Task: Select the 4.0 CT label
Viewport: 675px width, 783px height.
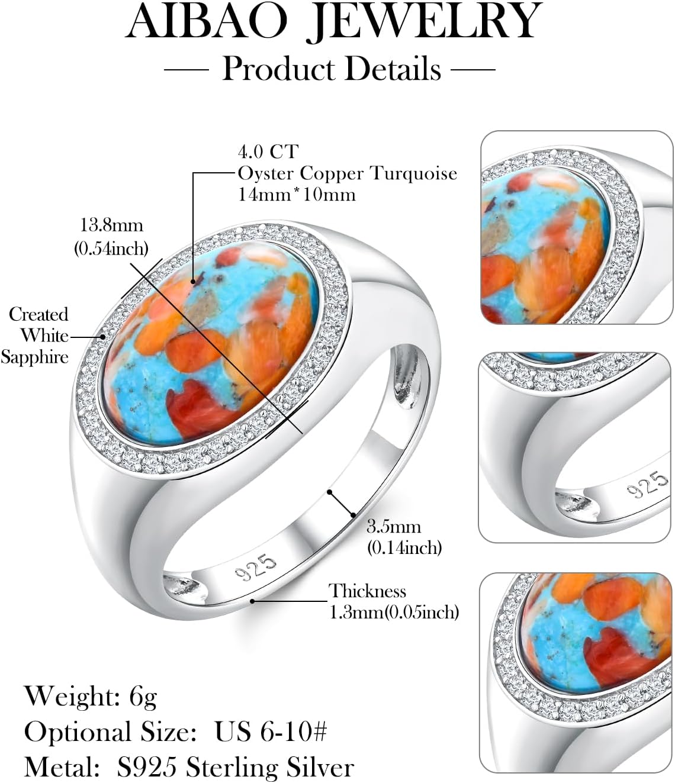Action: pos(268,152)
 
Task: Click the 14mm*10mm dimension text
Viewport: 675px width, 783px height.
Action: pos(297,195)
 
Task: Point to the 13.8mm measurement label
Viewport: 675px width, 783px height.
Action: pos(111,225)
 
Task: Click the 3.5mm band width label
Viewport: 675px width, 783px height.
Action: pos(393,527)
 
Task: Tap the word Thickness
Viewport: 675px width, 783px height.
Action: pos(367,591)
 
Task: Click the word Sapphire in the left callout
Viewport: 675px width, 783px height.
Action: pos(34,357)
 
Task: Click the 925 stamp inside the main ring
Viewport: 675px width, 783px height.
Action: pos(255,567)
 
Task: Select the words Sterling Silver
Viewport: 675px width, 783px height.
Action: pos(270,768)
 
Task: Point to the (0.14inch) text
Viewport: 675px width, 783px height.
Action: pos(404,548)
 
